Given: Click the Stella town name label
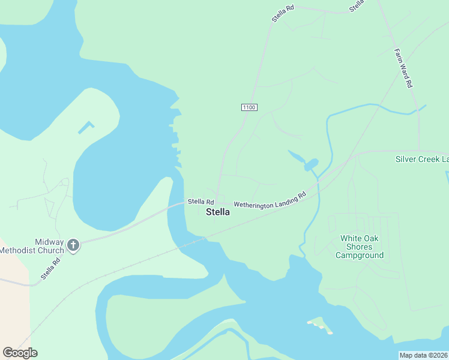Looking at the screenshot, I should pos(218,212).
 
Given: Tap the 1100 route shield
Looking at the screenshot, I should pos(249,107).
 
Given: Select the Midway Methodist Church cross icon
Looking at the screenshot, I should pos(73,245).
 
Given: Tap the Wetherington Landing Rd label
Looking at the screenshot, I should pos(270,200).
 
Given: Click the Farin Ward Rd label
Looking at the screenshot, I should pos(402,68).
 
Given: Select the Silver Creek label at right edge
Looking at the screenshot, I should pos(422,159).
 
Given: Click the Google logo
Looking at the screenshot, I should pos(20,353).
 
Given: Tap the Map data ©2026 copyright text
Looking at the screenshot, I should pos(423,355).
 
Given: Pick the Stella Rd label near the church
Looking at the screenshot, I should pos(51,269).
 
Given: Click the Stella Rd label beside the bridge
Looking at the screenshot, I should pos(200,202).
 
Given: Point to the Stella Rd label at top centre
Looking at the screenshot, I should pos(283,13).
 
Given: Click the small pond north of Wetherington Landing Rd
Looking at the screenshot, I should pos(310,164).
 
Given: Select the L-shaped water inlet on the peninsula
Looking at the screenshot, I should pos(86,127).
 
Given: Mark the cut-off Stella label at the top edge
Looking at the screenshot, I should pos(357,5).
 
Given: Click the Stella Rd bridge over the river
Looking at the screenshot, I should pos(178,205).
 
